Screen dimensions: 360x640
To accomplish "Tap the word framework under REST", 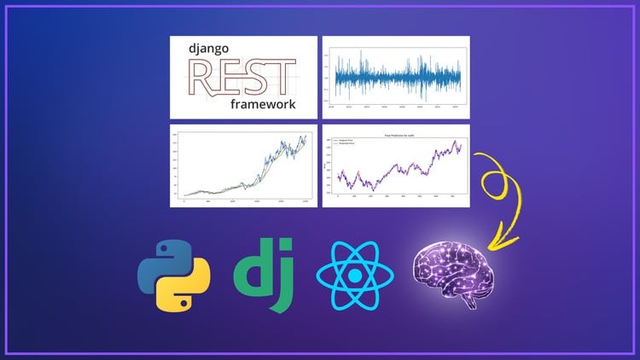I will tap(262, 104).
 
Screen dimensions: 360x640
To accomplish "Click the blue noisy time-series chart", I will tap(395, 78).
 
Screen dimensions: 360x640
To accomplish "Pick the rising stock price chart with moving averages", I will tap(243, 165).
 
